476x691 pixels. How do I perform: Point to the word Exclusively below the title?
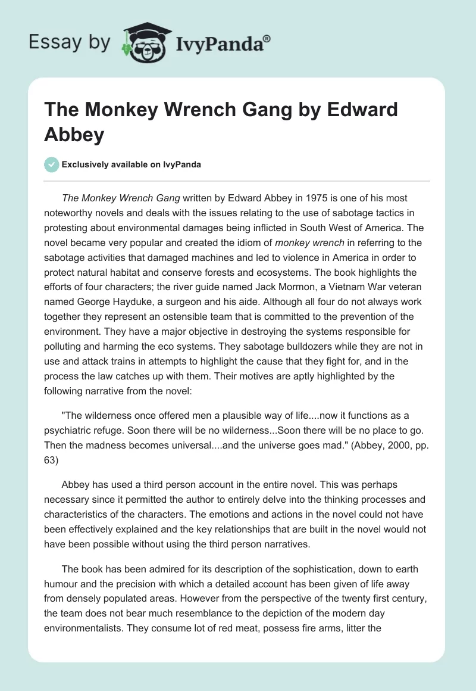(86, 164)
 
